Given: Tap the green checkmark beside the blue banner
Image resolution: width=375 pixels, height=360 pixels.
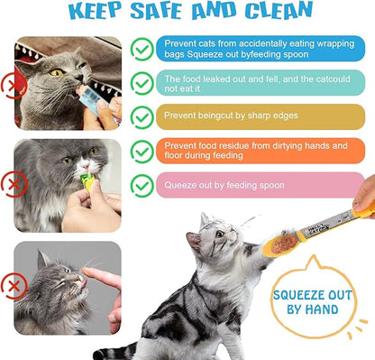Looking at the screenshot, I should click(x=142, y=48).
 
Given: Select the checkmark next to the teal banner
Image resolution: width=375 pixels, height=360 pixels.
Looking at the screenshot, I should click(x=142, y=83).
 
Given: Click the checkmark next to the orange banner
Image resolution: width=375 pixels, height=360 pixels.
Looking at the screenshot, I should click(x=142, y=151).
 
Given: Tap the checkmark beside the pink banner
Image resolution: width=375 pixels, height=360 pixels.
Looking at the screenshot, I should click(x=142, y=185).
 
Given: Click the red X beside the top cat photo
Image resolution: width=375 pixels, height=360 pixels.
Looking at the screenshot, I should click(x=11, y=86).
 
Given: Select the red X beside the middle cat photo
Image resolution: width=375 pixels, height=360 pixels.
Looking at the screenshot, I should click(x=11, y=186).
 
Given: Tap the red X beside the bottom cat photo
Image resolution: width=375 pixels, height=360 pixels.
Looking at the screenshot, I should click(x=11, y=288).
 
